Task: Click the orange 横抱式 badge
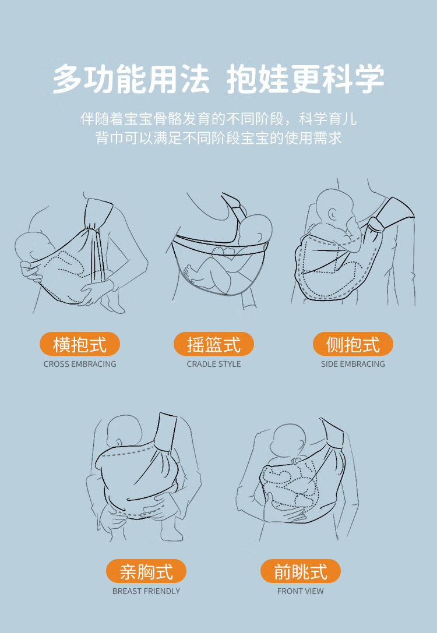point(80,344)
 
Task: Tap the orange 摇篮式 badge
point(214,344)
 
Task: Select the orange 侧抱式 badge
point(353,344)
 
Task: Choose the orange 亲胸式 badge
point(146,571)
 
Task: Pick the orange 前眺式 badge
point(301,571)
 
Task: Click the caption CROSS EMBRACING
point(80,364)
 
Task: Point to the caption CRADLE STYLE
point(214,364)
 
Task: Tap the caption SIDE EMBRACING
point(353,364)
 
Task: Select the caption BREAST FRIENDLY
point(146,591)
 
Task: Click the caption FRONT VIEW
point(301,591)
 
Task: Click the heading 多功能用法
point(131,78)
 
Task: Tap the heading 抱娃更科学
point(305,78)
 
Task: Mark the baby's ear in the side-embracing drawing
point(332,214)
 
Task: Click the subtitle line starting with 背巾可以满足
point(218,137)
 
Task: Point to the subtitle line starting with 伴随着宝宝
point(218,118)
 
